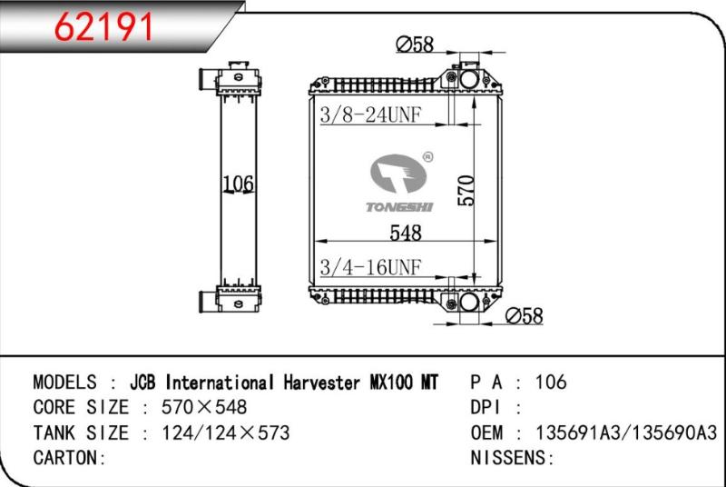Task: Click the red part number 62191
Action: coord(103,27)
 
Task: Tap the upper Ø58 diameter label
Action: coord(415,45)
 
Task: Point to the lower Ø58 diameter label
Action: coord(525,316)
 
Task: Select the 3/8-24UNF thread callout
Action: coord(370,114)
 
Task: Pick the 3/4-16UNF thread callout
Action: coord(370,267)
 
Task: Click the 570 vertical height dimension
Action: coord(466,191)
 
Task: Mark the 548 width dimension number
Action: coord(406,234)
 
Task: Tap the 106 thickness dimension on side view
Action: coord(238,184)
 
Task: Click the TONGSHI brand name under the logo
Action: coord(399,207)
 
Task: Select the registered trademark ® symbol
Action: coord(427,156)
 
